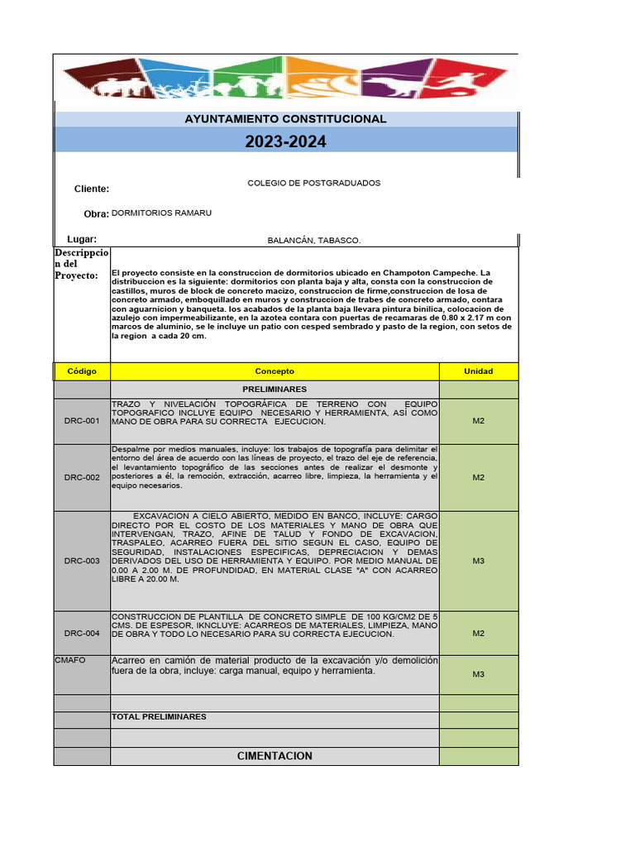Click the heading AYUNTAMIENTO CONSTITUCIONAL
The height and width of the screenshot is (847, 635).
285,119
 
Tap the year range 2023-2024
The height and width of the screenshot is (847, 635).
285,142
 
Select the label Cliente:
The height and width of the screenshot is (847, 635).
92,189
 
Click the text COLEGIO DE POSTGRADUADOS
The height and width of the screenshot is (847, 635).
314,183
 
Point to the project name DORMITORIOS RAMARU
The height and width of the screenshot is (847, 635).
162,213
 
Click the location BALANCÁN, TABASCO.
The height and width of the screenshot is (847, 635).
314,240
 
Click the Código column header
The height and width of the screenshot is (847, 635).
82,371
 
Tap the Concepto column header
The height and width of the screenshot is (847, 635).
275,371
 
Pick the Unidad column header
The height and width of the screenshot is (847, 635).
478,371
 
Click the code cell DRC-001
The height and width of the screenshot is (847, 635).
82,421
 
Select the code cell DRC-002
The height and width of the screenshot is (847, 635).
82,477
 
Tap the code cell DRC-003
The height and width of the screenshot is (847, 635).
82,561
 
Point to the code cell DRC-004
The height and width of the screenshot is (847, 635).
82,633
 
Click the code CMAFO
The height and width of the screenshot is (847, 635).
70,660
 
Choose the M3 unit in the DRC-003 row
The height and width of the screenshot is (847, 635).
478,561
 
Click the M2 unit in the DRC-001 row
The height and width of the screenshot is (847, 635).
478,421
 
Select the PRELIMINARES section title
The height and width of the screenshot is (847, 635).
275,389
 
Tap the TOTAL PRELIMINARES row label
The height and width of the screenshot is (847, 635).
159,716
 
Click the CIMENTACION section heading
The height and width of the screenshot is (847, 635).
275,756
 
